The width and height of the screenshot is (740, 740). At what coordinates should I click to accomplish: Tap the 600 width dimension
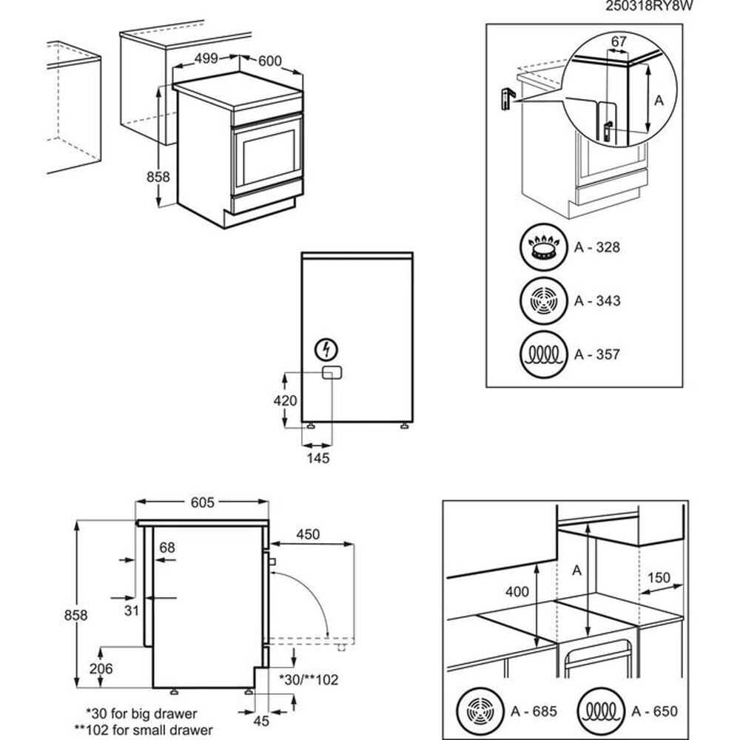(x=269, y=61)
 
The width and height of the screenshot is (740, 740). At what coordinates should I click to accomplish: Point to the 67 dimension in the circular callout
(x=619, y=43)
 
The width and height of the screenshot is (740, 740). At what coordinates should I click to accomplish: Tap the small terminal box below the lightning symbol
(x=329, y=374)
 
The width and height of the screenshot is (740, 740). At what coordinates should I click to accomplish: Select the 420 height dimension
(x=286, y=401)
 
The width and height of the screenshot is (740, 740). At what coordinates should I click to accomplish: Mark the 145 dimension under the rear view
(x=317, y=459)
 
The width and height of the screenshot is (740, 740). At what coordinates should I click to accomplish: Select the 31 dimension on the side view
(x=131, y=610)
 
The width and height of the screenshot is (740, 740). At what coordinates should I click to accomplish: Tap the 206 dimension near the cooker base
(x=101, y=669)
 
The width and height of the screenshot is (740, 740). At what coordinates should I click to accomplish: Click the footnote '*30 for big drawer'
(x=141, y=714)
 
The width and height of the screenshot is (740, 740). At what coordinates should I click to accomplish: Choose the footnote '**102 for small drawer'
(x=141, y=730)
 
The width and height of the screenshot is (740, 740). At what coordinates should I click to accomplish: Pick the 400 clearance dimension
(x=518, y=592)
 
